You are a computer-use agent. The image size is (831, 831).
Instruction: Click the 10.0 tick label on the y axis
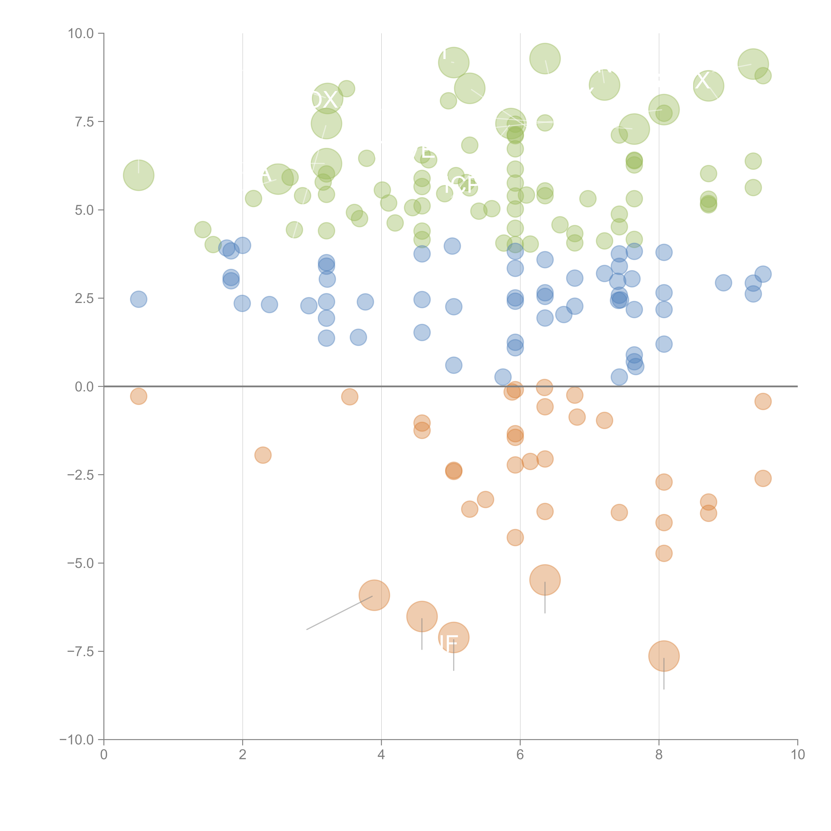[81, 34]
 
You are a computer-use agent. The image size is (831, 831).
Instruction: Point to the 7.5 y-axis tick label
[84, 122]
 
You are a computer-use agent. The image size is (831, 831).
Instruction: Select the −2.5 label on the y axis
[81, 475]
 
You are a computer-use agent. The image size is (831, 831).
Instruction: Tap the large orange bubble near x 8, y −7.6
[664, 656]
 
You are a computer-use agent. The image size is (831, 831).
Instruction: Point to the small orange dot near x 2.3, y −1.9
[263, 455]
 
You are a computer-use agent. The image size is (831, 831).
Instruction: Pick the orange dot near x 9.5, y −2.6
[763, 478]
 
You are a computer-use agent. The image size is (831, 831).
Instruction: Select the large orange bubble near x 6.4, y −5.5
[545, 579]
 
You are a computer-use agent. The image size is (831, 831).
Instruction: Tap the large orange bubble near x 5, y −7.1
[453, 637]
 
